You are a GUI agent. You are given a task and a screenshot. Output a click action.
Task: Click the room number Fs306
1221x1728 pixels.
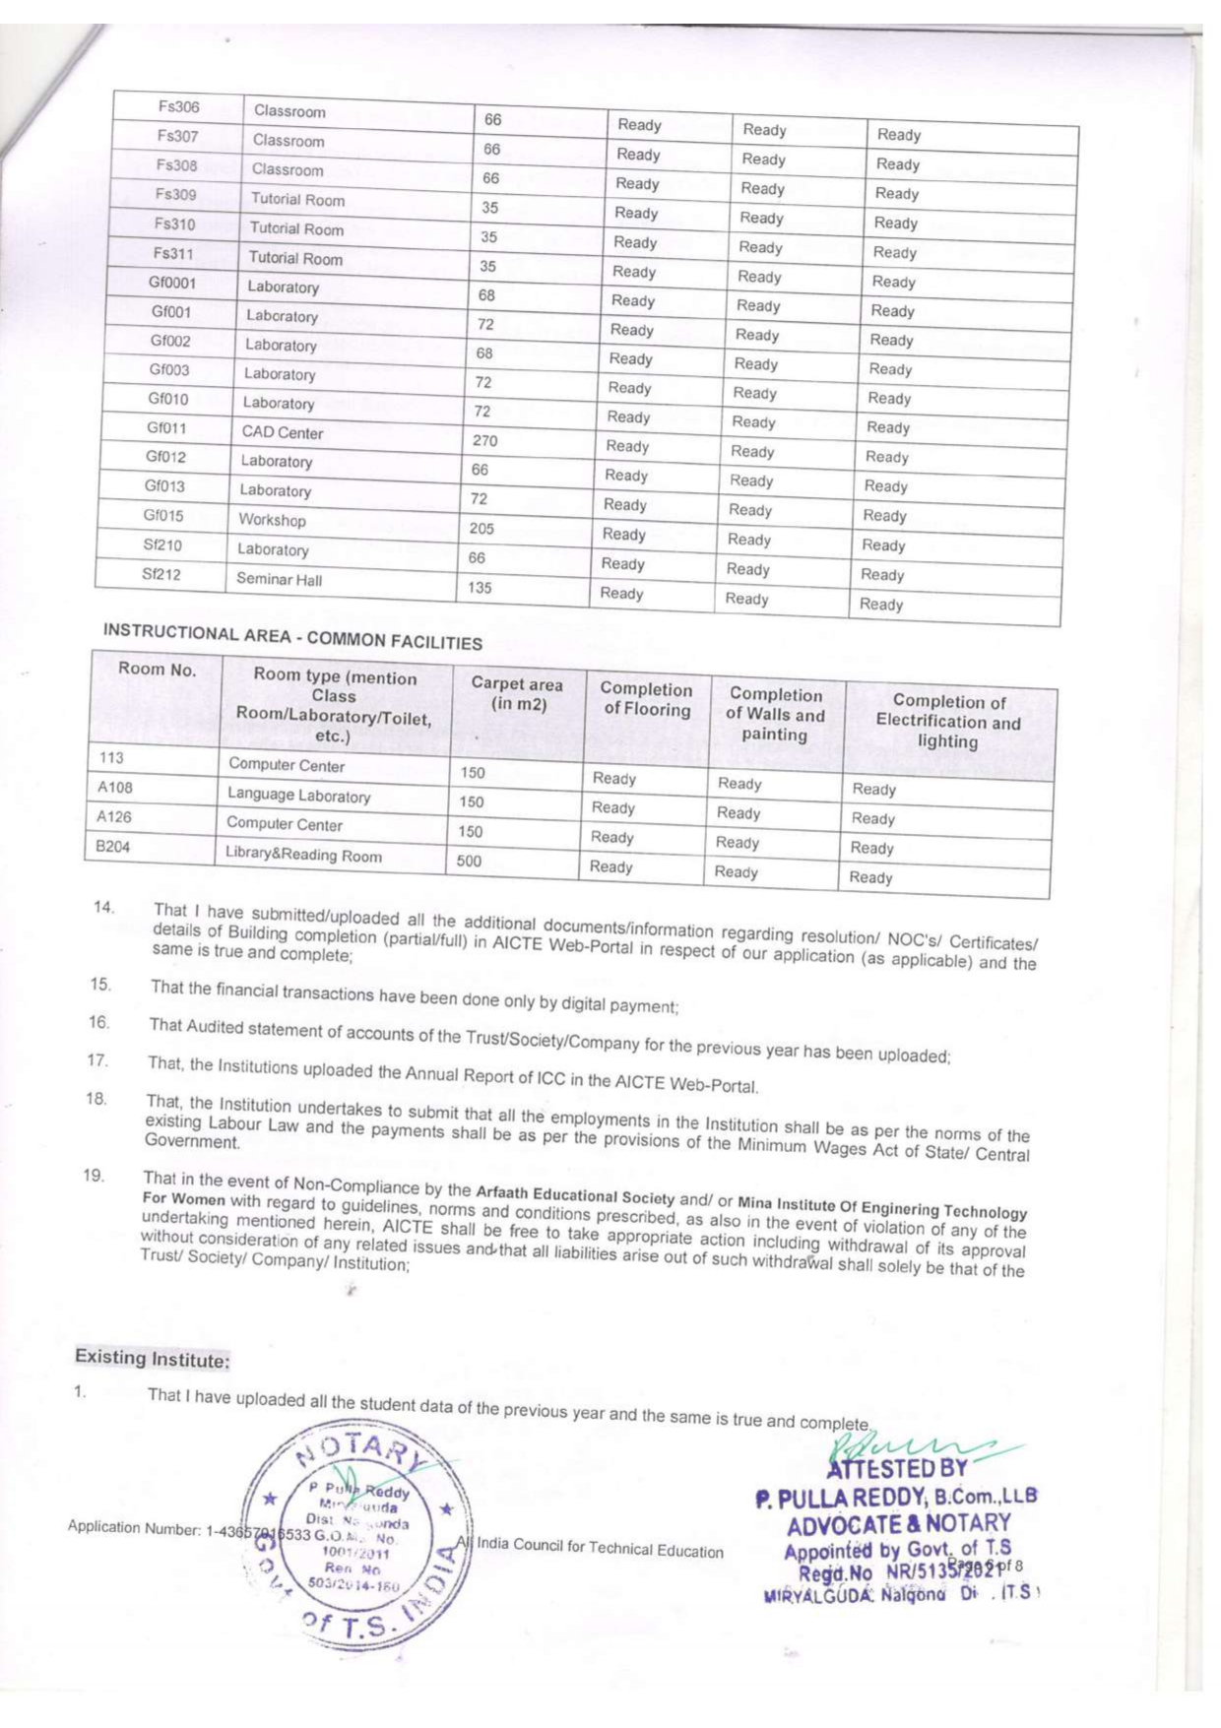point(178,106)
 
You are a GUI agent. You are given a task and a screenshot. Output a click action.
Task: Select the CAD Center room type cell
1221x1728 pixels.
point(283,432)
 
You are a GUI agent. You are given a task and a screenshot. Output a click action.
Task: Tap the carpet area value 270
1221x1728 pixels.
point(484,441)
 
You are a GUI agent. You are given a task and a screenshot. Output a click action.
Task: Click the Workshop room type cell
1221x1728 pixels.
point(272,520)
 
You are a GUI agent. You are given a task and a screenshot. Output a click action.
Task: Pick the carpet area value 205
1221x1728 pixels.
point(482,529)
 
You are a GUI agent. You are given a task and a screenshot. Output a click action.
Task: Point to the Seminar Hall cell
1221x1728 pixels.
point(279,579)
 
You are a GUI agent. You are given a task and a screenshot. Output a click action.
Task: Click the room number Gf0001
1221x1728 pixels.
point(172,283)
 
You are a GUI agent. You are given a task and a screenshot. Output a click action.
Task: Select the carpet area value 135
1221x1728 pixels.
point(480,588)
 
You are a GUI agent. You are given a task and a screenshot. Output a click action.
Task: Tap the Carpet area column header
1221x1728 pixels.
point(517,693)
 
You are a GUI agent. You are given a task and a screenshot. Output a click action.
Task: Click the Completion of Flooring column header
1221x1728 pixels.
point(646,699)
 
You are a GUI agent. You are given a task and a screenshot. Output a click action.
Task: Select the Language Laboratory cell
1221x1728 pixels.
point(298,795)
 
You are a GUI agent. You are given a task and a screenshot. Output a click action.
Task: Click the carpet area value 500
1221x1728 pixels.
point(469,861)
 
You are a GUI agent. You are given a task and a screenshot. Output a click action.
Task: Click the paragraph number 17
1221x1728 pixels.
point(96,1060)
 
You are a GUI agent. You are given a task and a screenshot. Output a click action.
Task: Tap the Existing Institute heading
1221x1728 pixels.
point(153,1359)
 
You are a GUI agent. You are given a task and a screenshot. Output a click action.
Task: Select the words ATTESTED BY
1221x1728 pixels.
point(896,1469)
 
